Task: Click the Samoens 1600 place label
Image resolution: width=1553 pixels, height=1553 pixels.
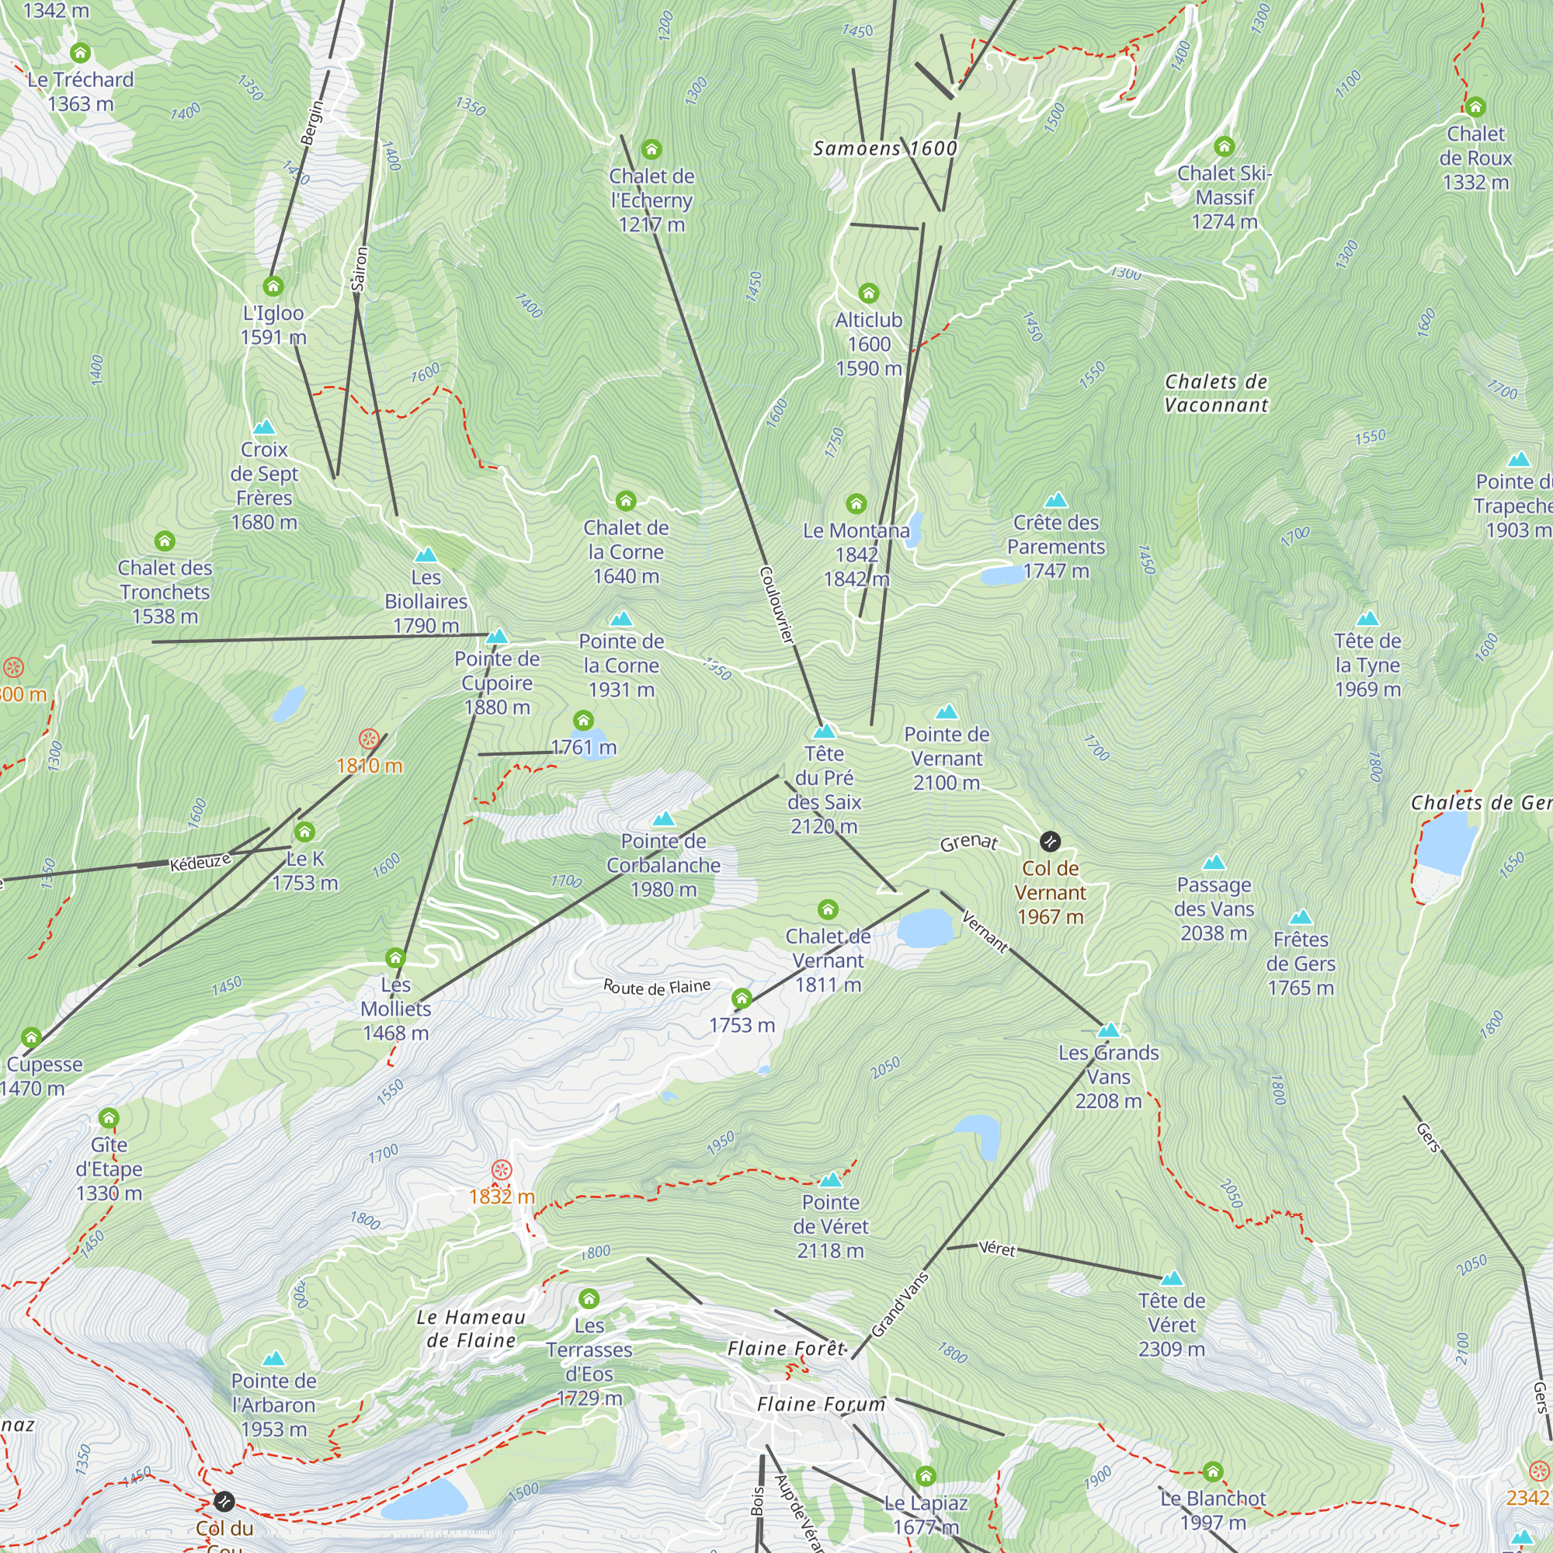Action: point(885,149)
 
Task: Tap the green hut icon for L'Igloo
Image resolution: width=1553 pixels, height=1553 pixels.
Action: point(273,287)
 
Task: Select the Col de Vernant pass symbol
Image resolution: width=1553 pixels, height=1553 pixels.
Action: point(1050,842)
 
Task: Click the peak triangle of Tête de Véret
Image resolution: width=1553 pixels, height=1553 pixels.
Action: point(1172,1278)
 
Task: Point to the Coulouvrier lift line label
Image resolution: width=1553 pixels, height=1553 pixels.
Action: point(776,604)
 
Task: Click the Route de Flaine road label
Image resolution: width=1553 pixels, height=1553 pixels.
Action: point(657,987)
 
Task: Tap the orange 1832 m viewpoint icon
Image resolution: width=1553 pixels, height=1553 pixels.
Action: point(502,1169)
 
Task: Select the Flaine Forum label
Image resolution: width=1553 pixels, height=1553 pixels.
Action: point(821,1404)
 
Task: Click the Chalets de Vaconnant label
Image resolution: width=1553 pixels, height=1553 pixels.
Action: point(1216,393)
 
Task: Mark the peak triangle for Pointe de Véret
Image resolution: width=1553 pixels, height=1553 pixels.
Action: point(830,1180)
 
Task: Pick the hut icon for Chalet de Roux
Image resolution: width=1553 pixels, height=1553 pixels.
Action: point(1475,107)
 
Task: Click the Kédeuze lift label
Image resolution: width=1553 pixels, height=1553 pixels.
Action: point(200,863)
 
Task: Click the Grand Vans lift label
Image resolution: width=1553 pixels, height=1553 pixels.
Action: point(900,1305)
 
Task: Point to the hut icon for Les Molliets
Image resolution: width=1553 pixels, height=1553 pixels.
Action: point(395,958)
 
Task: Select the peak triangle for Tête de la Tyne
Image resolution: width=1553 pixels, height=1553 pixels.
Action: point(1368,618)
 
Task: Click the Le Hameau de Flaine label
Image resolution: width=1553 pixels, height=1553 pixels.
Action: point(471,1329)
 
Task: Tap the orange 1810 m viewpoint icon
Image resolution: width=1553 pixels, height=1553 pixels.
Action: point(369,738)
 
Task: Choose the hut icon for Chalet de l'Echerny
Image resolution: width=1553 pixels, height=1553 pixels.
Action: point(651,150)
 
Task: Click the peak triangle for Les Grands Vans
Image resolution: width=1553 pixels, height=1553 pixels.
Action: point(1109,1030)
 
